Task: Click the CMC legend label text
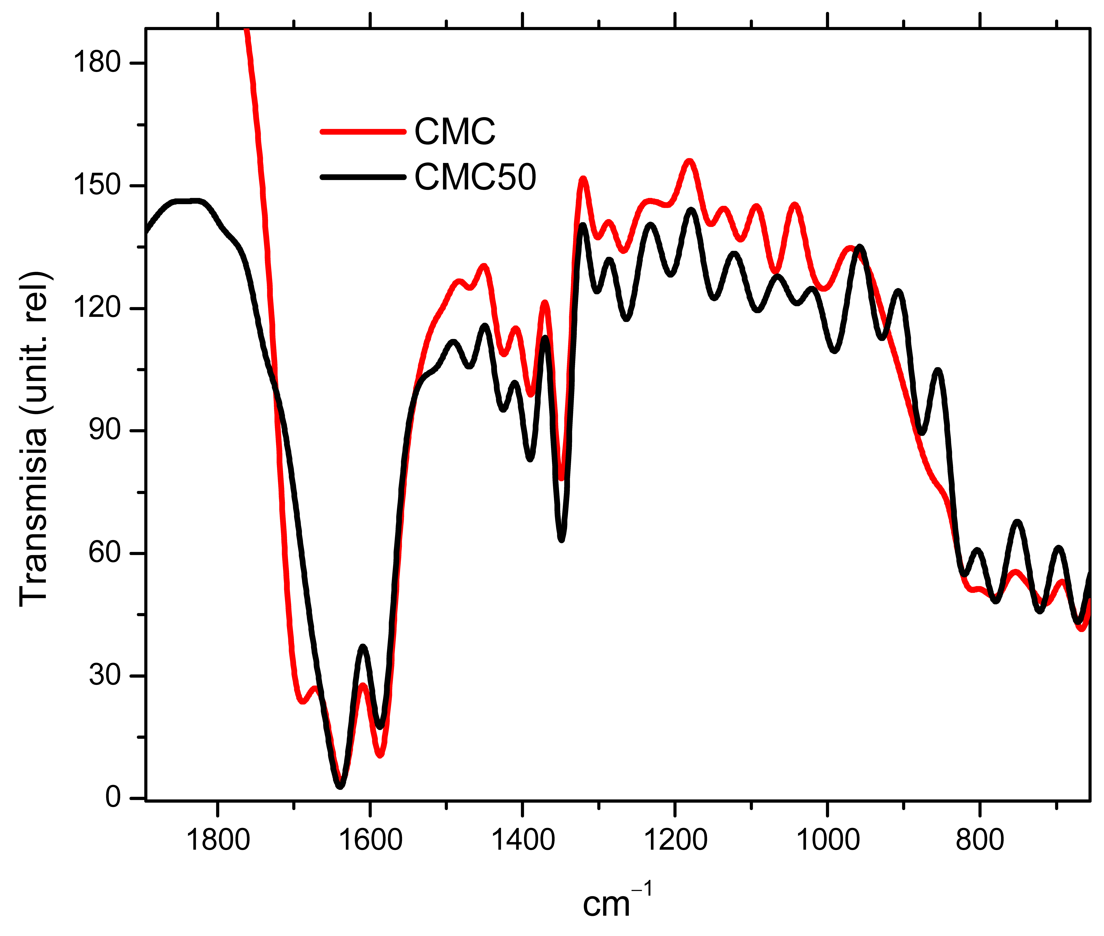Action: point(454,132)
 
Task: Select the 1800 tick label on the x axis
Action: point(218,840)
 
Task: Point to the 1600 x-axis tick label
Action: point(370,840)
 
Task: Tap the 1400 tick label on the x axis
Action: point(523,840)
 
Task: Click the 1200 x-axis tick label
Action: point(675,840)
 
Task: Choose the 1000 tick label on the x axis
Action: point(828,840)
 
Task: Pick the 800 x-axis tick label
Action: point(980,840)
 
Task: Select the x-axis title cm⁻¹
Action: point(617,903)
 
